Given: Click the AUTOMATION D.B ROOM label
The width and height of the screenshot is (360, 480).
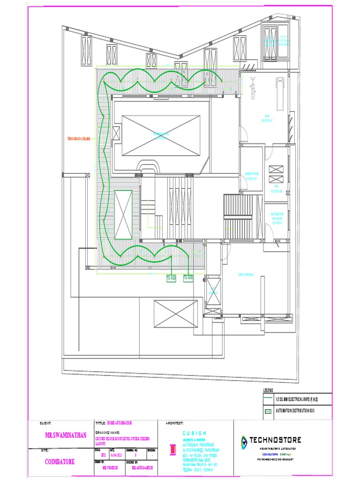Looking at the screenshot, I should (x=277, y=218).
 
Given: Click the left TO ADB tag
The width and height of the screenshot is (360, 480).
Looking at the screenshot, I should (x=171, y=278).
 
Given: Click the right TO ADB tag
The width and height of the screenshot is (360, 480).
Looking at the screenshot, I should (x=188, y=278).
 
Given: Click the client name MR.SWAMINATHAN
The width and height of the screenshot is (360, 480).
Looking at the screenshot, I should (x=66, y=435).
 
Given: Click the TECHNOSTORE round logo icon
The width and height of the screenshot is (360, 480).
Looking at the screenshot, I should (x=244, y=441).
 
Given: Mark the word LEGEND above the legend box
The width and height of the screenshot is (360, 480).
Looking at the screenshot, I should (x=268, y=390).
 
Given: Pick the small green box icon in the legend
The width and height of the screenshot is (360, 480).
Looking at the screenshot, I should (x=268, y=412).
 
